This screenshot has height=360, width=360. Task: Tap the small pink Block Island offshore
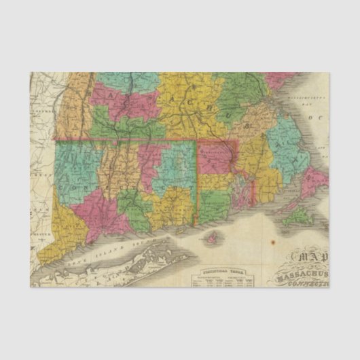[x=215, y=238]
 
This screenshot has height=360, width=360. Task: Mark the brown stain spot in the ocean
[x=272, y=242]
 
